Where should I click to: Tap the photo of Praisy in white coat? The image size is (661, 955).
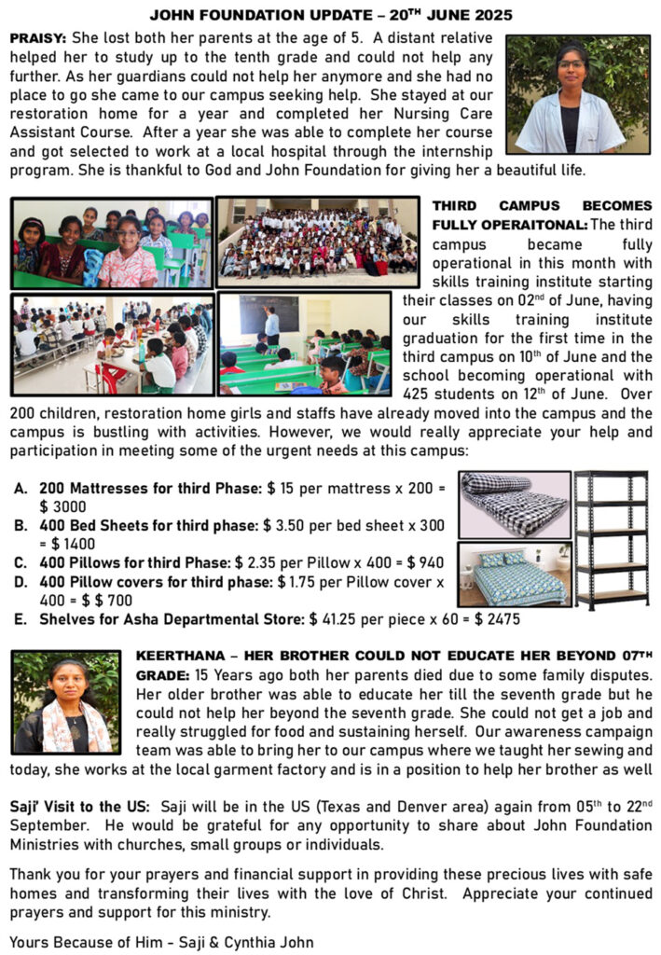(577, 94)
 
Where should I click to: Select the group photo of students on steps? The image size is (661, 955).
(317, 241)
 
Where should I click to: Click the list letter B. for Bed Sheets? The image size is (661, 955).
(20, 526)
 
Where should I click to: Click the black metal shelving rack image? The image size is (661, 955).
(611, 540)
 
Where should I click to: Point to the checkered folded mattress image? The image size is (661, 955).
(514, 504)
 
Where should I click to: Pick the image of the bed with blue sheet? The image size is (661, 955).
(514, 574)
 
